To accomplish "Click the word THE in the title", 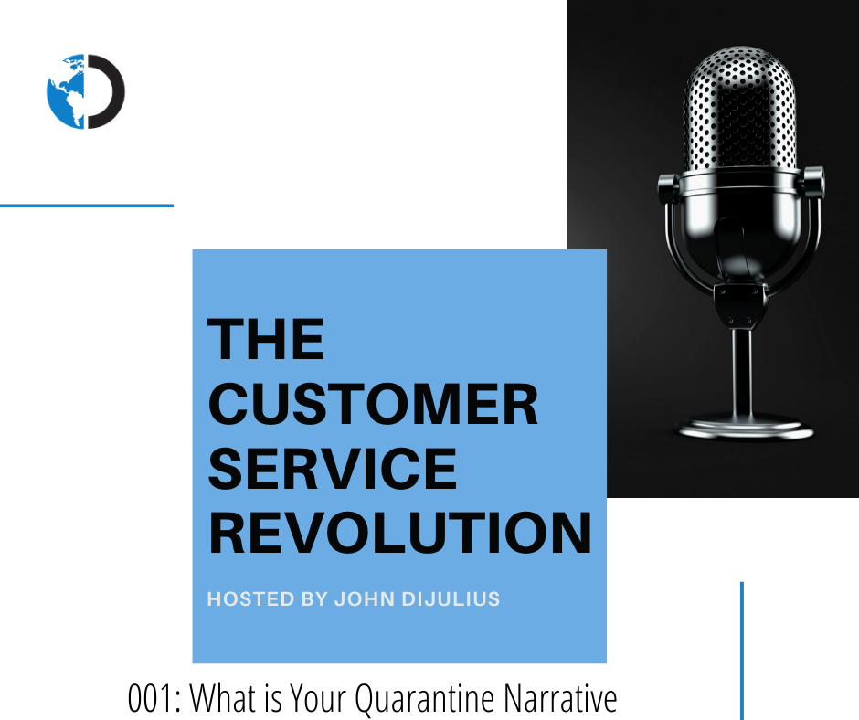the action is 266,339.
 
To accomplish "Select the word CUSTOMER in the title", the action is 373,404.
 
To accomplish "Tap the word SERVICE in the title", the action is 333,468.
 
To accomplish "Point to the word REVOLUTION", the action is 400,533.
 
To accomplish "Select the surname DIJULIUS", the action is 451,598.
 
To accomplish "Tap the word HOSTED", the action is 251,598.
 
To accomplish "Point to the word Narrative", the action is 560,698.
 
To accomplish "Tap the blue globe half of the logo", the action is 66,91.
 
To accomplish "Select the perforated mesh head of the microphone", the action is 739,109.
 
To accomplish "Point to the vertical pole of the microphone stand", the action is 743,374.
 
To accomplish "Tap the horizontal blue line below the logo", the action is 87,206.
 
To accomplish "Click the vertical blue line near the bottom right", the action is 742,651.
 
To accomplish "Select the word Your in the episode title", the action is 318,697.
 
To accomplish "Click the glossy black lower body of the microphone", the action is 740,230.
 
